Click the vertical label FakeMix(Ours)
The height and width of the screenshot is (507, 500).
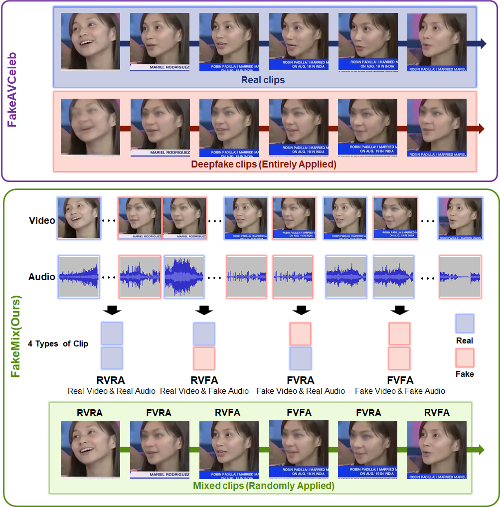16,336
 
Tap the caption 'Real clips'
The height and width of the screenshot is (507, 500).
263,80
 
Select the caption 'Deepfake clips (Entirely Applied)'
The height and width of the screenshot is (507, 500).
264,164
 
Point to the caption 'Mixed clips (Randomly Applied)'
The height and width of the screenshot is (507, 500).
263,486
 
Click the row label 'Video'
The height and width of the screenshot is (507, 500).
42,220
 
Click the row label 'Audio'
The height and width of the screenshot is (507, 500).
42,277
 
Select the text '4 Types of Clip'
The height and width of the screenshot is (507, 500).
58,344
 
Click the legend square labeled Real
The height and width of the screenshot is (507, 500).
465,323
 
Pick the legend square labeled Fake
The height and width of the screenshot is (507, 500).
465,358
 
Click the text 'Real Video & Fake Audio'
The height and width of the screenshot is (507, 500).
204,391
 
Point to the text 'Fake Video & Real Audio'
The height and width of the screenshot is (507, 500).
301,391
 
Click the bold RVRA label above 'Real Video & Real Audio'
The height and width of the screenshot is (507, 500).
111,381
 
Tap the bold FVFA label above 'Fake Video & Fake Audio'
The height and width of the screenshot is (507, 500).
400,381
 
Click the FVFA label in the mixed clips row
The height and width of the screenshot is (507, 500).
299,412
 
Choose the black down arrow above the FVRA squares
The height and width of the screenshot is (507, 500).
301,310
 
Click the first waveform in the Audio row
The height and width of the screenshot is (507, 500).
79,277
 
